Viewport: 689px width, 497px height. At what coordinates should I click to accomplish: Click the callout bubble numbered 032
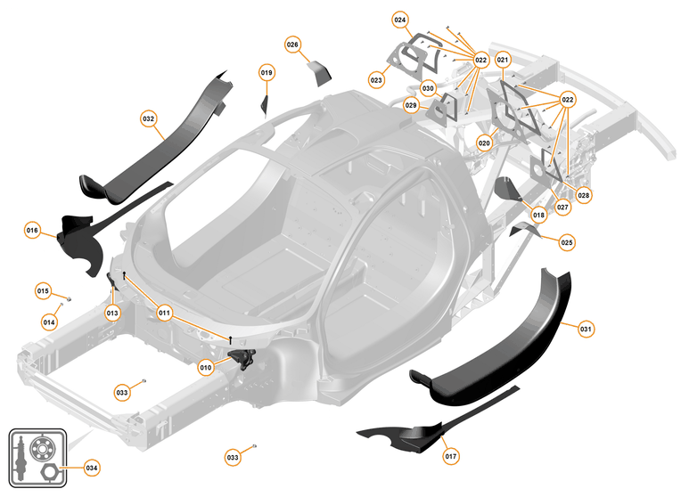pos(149,118)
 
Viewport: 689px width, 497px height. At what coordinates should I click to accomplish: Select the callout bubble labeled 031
pos(586,329)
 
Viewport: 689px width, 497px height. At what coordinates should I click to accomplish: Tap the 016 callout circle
pos(33,231)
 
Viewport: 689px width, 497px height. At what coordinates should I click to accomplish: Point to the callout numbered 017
pos(451,456)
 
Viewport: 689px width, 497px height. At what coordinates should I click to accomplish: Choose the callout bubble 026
pos(293,44)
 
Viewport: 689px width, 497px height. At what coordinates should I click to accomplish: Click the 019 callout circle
pos(267,71)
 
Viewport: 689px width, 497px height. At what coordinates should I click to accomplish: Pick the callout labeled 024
pos(400,19)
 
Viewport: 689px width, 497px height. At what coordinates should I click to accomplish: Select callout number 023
pos(377,80)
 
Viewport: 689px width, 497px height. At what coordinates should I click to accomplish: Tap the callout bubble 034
pos(92,467)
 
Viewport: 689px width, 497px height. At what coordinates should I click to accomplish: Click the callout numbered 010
pos(206,367)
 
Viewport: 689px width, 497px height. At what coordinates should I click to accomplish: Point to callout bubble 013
pos(112,313)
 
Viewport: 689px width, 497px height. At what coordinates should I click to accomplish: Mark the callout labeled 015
pos(43,290)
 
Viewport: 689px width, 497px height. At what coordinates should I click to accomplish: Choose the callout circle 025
pos(568,241)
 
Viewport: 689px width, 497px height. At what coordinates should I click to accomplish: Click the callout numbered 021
pos(503,61)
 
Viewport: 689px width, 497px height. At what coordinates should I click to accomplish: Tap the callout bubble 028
pos(584,194)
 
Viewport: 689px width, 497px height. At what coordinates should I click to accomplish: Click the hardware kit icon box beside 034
pos(38,458)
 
